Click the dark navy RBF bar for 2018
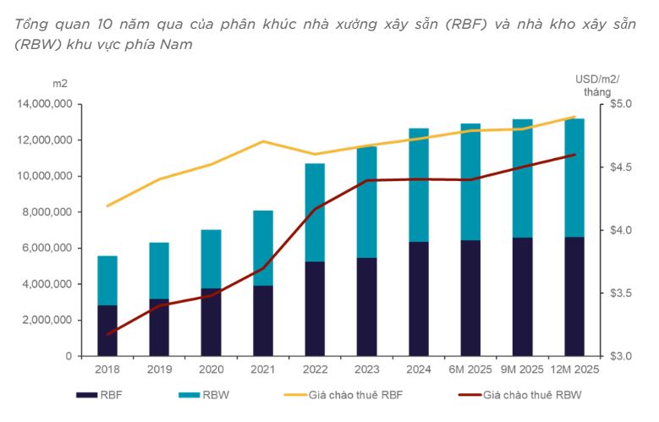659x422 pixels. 107,331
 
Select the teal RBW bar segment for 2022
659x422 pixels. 315,212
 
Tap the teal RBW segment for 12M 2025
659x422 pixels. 574,178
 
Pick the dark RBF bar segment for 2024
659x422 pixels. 419,299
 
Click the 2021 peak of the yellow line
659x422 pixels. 263,141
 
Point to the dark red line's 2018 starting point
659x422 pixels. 108,335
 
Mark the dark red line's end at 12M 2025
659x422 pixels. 574,155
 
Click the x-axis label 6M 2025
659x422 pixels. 470,370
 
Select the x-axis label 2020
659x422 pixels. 211,370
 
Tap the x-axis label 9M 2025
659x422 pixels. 522,370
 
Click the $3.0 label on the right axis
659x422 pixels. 621,356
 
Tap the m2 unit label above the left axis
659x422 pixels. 60,84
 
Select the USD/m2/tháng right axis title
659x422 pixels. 597,85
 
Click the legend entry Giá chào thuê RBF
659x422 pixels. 343,395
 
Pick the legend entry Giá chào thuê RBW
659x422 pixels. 520,395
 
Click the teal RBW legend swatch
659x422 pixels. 189,395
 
